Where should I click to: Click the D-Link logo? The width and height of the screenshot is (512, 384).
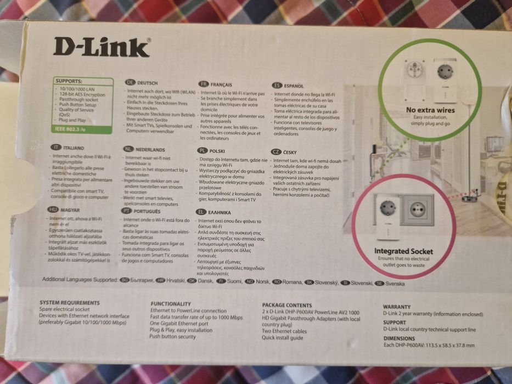point(102,47)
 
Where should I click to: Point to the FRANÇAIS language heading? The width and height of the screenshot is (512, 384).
point(222,84)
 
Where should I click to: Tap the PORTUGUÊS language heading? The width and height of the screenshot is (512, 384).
point(147,211)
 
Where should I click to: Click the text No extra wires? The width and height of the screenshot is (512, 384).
point(430,110)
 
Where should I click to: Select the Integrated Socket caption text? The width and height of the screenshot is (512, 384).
point(403,251)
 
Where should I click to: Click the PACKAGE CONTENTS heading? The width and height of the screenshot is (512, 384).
point(286,305)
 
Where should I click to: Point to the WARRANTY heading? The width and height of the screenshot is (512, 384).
point(396,307)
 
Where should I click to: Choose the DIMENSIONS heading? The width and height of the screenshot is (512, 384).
point(400,338)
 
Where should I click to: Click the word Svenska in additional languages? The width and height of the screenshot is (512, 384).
point(395,284)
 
